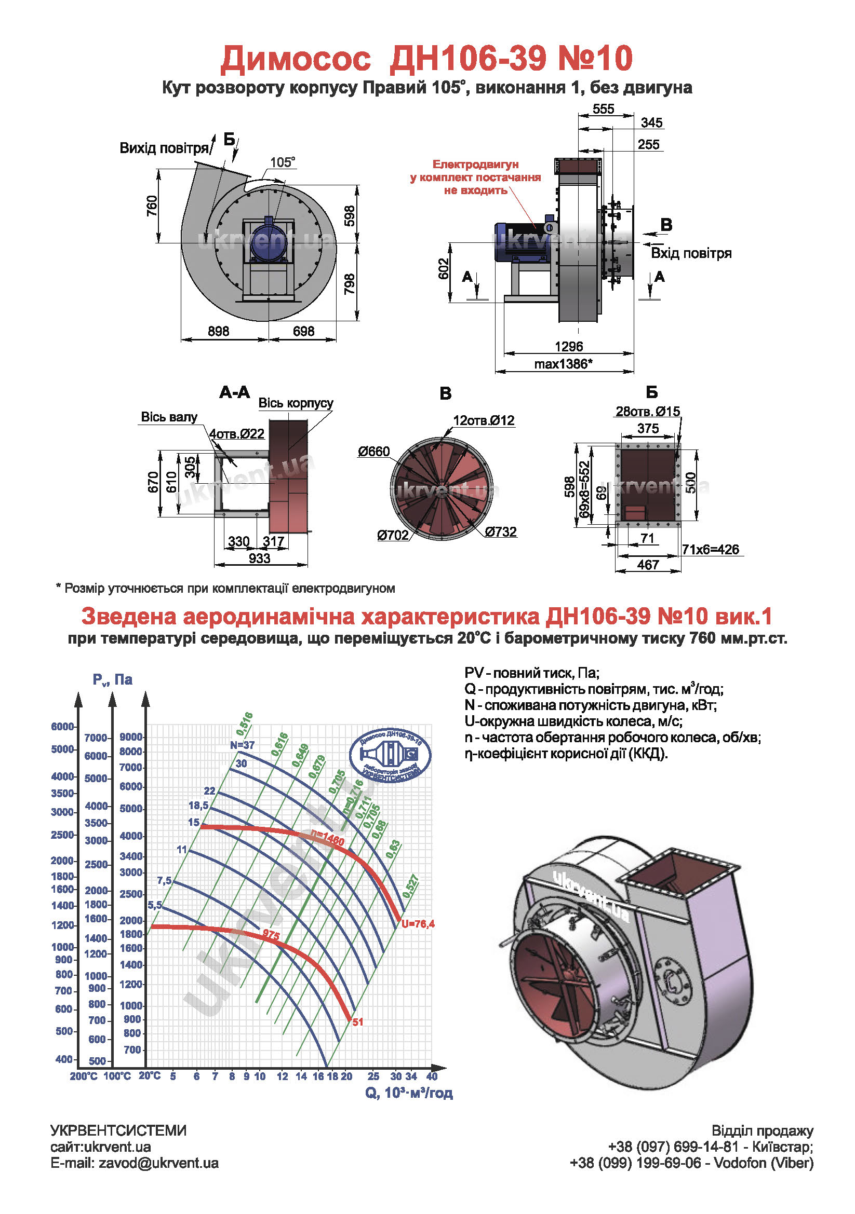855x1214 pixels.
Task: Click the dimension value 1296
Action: [x=569, y=346]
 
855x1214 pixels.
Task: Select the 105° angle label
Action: [x=283, y=162]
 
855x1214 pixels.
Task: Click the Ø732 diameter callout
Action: [x=501, y=532]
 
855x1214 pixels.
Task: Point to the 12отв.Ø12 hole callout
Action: [x=484, y=420]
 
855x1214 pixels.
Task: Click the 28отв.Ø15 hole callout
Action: [x=648, y=412]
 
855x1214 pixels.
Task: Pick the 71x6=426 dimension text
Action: [x=711, y=549]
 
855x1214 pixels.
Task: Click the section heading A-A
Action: [x=234, y=392]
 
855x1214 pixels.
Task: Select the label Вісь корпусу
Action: [x=296, y=403]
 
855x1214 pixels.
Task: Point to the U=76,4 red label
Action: [x=418, y=924]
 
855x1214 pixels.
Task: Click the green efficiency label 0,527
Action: [x=410, y=886]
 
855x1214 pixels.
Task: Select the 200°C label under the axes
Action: [x=84, y=1076]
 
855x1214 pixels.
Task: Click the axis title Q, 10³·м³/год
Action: [x=409, y=1093]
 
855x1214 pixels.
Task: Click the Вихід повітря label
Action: [x=164, y=148]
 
